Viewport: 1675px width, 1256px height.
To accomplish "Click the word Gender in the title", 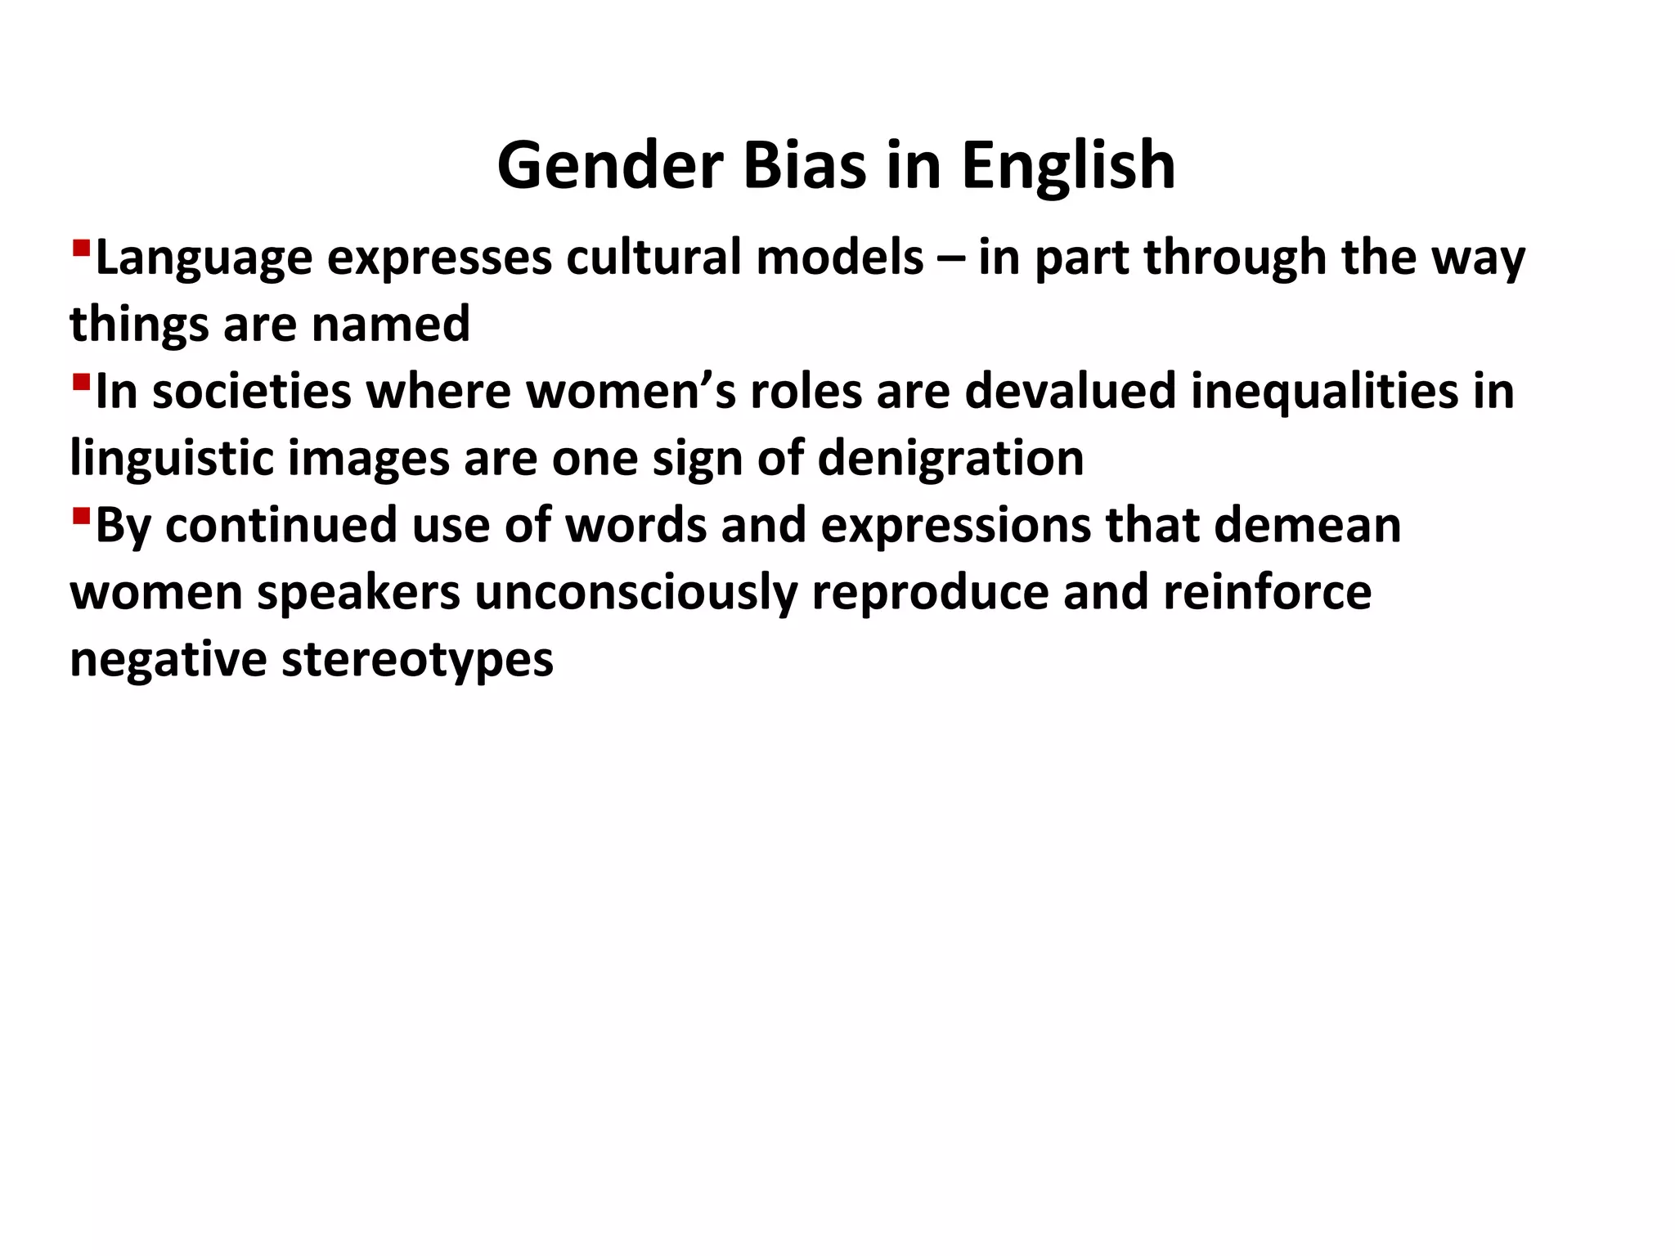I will point(610,165).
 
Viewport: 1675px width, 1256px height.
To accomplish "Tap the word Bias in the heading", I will point(803,165).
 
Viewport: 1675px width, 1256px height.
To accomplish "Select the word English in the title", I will point(1068,167).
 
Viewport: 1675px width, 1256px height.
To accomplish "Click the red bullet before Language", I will point(80,247).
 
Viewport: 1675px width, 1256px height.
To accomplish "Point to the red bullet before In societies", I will point(80,381).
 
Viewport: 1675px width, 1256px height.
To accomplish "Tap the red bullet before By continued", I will point(80,515).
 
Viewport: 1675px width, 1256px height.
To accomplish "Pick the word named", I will point(391,324).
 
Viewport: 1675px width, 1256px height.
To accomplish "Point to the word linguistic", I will point(171,458).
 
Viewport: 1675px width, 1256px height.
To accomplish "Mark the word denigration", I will point(950,458).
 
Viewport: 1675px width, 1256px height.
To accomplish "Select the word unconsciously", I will point(635,592).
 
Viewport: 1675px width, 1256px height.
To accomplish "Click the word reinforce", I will point(1267,592).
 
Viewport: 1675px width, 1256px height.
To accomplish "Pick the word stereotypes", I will point(417,659).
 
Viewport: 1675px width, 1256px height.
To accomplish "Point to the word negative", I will point(168,659).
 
